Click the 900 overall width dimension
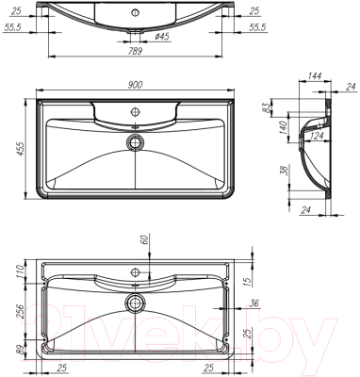click(x=135, y=85)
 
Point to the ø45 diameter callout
click(x=161, y=37)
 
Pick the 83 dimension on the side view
click(x=271, y=107)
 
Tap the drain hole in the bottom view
click(x=136, y=303)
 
